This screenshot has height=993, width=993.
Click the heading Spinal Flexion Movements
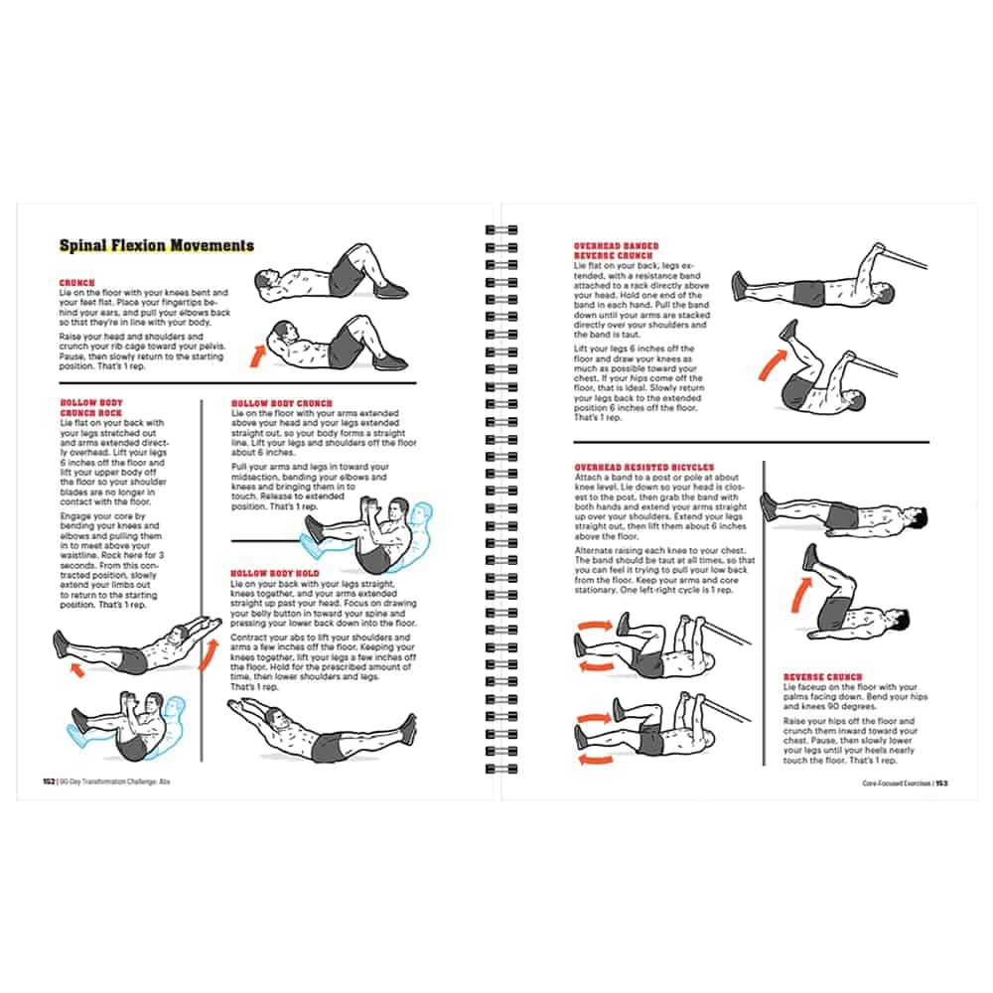156,245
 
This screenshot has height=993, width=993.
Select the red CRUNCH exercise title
76,283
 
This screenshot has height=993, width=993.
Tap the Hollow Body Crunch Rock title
91,407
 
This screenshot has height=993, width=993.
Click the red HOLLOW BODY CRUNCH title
281,403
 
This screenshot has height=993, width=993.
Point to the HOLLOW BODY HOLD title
275,574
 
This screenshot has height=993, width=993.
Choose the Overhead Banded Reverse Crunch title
616,250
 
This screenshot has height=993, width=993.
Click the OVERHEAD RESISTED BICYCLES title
643,467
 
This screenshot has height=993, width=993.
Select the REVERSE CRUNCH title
823,677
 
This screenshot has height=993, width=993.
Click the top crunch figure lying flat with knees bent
333,274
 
